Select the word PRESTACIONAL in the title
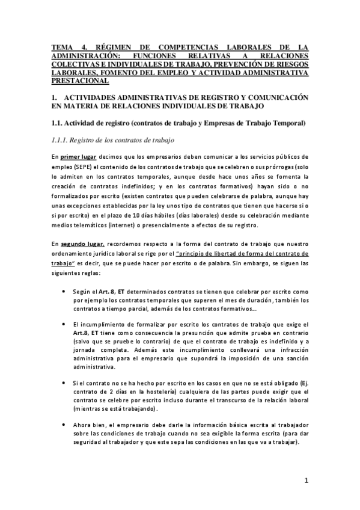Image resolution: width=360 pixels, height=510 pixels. [x=80, y=80]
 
